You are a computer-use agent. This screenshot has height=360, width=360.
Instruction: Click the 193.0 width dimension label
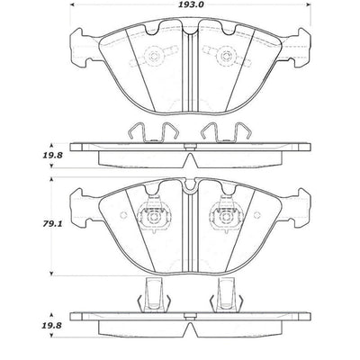click(x=188, y=5)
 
